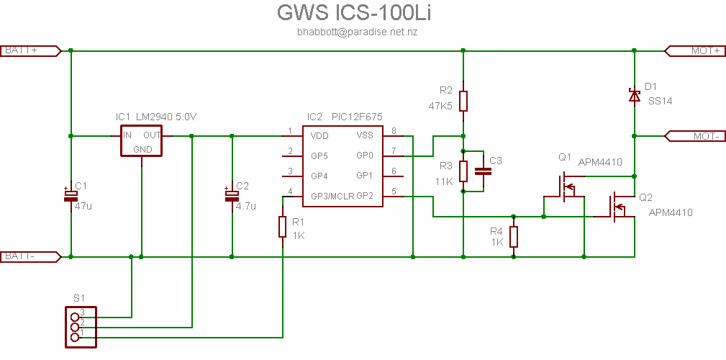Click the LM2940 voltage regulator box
pos(141,142)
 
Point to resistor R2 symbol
pos(463,101)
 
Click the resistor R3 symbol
pos(463,171)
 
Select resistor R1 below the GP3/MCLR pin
pos(283,227)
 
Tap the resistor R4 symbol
pos(513,236)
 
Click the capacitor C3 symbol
pos(484,171)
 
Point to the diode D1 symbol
pos(634,95)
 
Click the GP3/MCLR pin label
pos(332,196)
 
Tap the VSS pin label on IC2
pos(365,135)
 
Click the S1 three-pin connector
pos(75,323)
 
